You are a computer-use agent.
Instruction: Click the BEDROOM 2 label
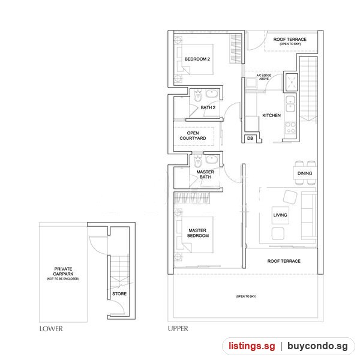197,59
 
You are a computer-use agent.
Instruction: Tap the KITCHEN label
271,115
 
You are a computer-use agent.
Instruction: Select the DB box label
250,138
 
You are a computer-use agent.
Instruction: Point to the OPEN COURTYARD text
193,136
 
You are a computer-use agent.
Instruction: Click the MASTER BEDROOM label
197,233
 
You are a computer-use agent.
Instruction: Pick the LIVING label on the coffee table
280,215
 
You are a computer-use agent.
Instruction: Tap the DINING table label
305,173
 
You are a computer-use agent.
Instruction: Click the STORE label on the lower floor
119,293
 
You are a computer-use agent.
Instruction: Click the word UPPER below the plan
178,329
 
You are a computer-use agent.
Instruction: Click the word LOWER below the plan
51,329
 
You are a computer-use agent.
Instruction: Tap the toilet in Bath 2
197,96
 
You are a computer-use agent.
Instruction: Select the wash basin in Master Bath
211,160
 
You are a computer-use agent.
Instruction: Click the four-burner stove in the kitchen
290,128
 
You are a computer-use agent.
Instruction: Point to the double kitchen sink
290,104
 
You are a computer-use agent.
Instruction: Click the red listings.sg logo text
251,346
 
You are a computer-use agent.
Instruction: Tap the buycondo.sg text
317,346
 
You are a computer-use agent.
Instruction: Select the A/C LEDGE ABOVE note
264,77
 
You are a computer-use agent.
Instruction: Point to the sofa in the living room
308,215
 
